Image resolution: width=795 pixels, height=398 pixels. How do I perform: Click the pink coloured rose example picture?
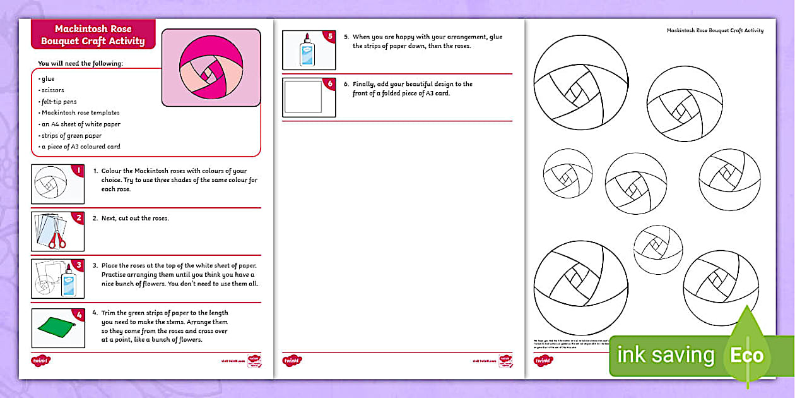(x=211, y=68)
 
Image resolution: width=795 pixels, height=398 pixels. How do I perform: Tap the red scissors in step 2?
(x=57, y=239)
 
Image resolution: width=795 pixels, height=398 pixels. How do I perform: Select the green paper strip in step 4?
(x=57, y=327)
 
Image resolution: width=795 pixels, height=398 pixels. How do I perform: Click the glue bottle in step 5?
(x=307, y=50)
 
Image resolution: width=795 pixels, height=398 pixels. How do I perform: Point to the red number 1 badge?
(x=78, y=171)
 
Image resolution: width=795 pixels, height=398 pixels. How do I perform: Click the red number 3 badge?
(x=78, y=265)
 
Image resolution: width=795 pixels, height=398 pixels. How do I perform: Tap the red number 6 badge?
(x=329, y=83)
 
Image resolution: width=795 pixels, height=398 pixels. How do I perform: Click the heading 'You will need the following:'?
(x=80, y=63)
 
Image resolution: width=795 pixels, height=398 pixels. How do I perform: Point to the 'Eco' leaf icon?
(x=747, y=355)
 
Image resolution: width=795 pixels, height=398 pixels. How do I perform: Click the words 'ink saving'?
(x=666, y=356)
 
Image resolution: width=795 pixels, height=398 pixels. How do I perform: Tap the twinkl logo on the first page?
(x=40, y=361)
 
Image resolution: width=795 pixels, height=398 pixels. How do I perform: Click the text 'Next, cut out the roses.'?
(x=131, y=219)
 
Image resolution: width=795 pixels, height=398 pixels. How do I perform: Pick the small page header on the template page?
(x=715, y=30)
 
